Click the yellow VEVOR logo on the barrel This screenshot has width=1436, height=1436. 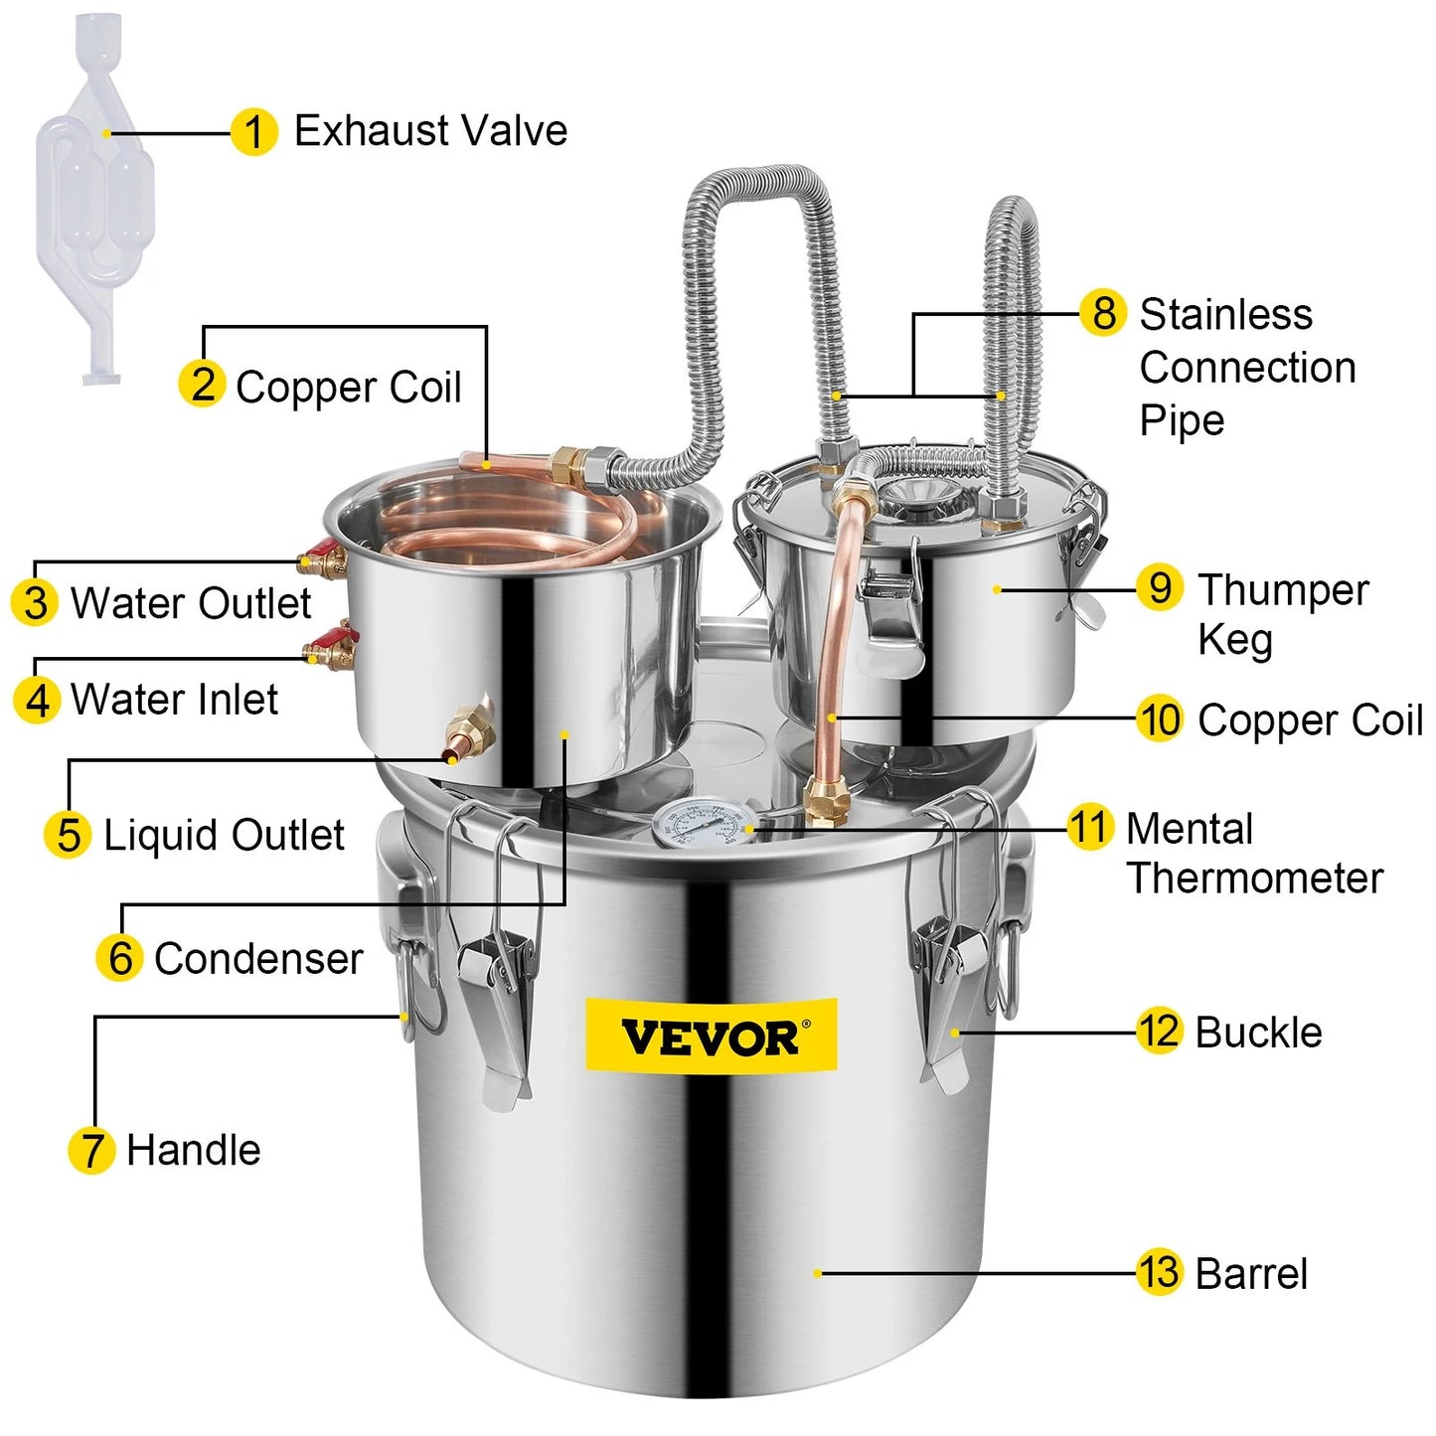click(x=711, y=1037)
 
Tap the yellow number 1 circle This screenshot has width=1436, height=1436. click(x=253, y=132)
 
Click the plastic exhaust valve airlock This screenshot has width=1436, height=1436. click(x=95, y=198)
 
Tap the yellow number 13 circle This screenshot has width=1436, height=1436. click(x=1159, y=1271)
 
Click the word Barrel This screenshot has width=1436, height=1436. click(x=1251, y=1273)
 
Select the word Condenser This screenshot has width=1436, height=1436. click(x=257, y=958)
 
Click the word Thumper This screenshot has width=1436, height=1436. click(x=1283, y=590)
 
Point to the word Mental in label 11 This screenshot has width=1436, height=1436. click(x=1190, y=829)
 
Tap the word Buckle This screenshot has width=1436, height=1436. click(x=1259, y=1033)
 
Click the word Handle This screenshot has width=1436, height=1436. click(x=193, y=1150)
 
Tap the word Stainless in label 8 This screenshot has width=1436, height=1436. click(x=1226, y=314)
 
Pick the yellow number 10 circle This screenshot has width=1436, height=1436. click(x=1159, y=719)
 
